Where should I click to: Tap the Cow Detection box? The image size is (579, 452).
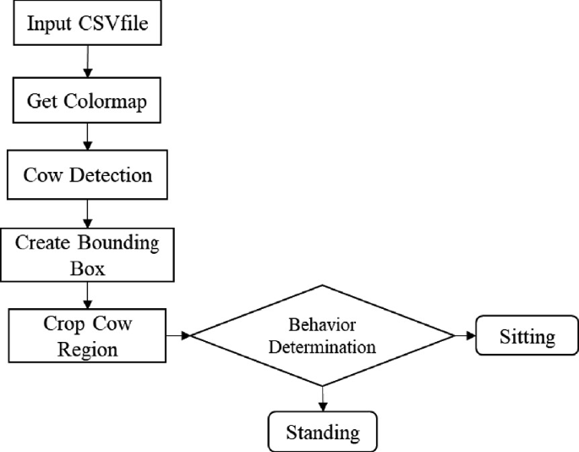tap(87, 176)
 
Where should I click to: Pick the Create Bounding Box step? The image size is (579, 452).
tap(87, 254)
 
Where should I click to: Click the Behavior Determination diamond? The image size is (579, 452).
tap(323, 336)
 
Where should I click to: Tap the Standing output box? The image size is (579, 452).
tap(322, 432)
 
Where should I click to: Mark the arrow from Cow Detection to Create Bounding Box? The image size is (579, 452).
tap(87, 212)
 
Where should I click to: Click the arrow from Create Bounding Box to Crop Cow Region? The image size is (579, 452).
tap(87, 294)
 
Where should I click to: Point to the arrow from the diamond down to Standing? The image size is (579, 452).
tap(323, 398)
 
